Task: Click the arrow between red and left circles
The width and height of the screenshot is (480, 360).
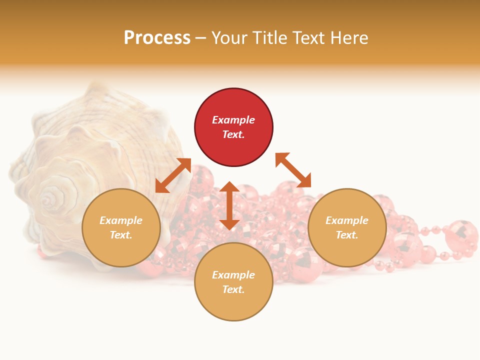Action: [x=173, y=175]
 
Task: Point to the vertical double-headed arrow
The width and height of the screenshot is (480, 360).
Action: [x=229, y=205]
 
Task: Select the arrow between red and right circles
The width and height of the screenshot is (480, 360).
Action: [x=293, y=170]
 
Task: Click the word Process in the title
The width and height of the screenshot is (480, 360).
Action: [x=157, y=38]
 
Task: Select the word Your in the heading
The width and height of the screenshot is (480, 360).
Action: [x=228, y=38]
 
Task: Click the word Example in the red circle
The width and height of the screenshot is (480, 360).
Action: [x=233, y=120]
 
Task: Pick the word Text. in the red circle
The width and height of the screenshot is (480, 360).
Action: [x=233, y=134]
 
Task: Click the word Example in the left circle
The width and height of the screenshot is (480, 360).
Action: [x=121, y=220]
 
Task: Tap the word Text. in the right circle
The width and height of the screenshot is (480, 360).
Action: [x=347, y=235]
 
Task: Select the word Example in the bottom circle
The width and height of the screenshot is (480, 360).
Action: [x=233, y=275]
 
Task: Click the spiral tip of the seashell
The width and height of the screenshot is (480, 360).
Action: [x=48, y=200]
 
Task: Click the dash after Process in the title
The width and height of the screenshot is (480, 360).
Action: [x=201, y=38]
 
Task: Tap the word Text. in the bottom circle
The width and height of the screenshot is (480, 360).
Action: [x=233, y=289]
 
